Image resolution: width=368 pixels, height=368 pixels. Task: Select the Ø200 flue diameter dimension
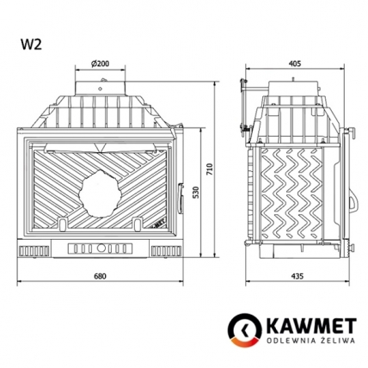(x=101, y=64)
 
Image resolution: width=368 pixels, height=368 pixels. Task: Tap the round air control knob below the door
(x=101, y=251)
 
